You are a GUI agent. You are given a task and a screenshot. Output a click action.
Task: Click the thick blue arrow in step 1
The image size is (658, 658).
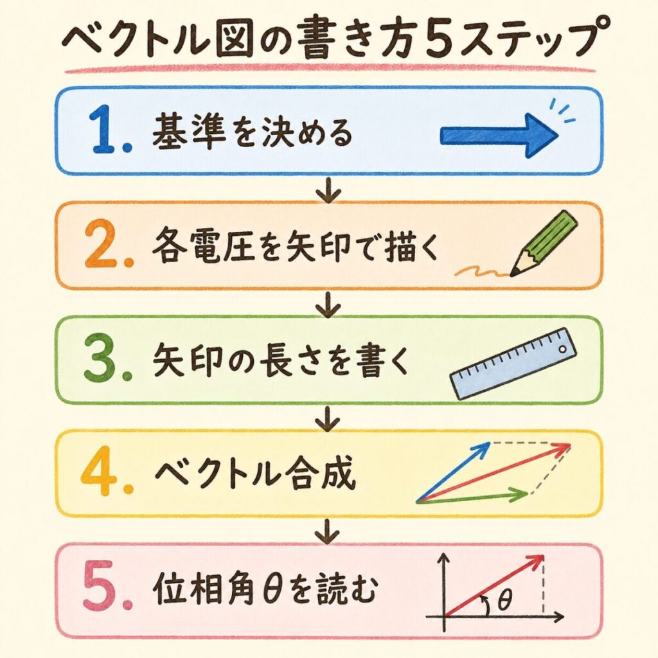tap(499, 136)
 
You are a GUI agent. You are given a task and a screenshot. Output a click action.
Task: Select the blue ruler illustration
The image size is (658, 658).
tap(513, 364)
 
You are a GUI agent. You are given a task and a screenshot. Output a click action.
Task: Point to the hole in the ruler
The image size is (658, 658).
tap(562, 349)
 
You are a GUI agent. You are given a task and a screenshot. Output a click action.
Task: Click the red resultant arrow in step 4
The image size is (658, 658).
tap(493, 472)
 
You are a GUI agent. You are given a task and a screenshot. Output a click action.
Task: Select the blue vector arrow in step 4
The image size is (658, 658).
tap(453, 472)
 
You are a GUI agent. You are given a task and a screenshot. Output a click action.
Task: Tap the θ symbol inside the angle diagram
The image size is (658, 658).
tap(505, 600)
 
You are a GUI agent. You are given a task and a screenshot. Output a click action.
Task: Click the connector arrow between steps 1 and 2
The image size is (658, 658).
tap(328, 190)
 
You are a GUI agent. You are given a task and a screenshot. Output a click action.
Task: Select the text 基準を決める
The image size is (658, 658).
tap(252, 132)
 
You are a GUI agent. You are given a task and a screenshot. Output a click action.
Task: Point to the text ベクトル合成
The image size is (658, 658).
tap(255, 474)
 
